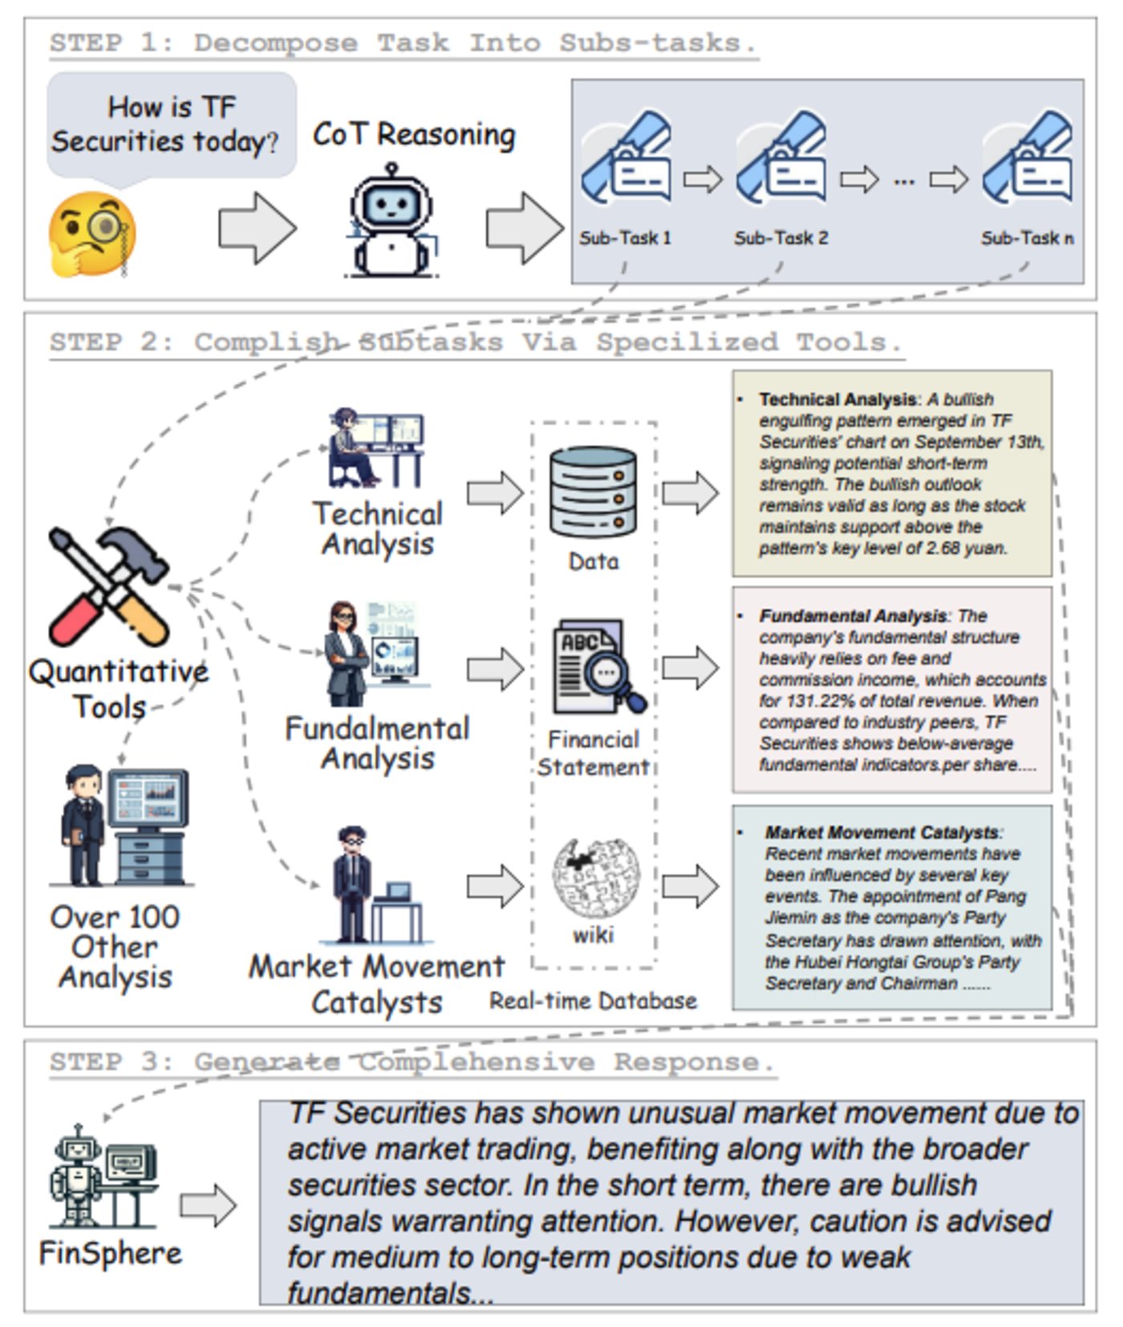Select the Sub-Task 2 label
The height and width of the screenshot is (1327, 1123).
780,238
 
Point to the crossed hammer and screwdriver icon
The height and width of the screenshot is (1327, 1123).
108,586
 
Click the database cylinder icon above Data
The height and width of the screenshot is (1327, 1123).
593,493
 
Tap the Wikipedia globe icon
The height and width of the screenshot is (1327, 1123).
594,879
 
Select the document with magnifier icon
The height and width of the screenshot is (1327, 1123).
597,666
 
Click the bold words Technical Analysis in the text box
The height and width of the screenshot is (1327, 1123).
837,400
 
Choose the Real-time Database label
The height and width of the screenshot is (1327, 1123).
593,1000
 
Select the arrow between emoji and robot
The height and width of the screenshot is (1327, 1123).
257,228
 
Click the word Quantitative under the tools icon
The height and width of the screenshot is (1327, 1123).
119,672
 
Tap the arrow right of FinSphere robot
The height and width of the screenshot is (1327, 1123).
208,1205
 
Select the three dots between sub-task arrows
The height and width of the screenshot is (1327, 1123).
904,181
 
